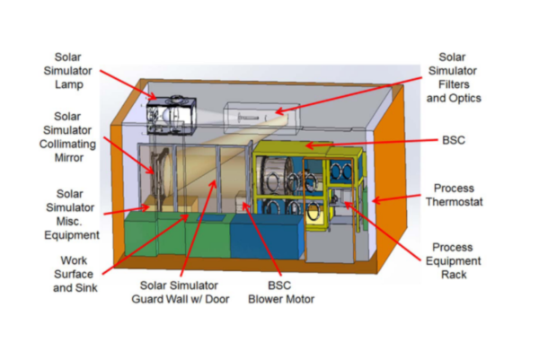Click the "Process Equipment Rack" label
pos(458,260)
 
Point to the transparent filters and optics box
pos(255,115)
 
